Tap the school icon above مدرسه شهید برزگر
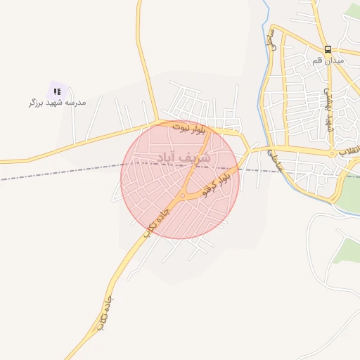(57, 91)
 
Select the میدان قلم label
(328, 60)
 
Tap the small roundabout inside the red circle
(183, 195)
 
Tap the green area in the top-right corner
(352, 11)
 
